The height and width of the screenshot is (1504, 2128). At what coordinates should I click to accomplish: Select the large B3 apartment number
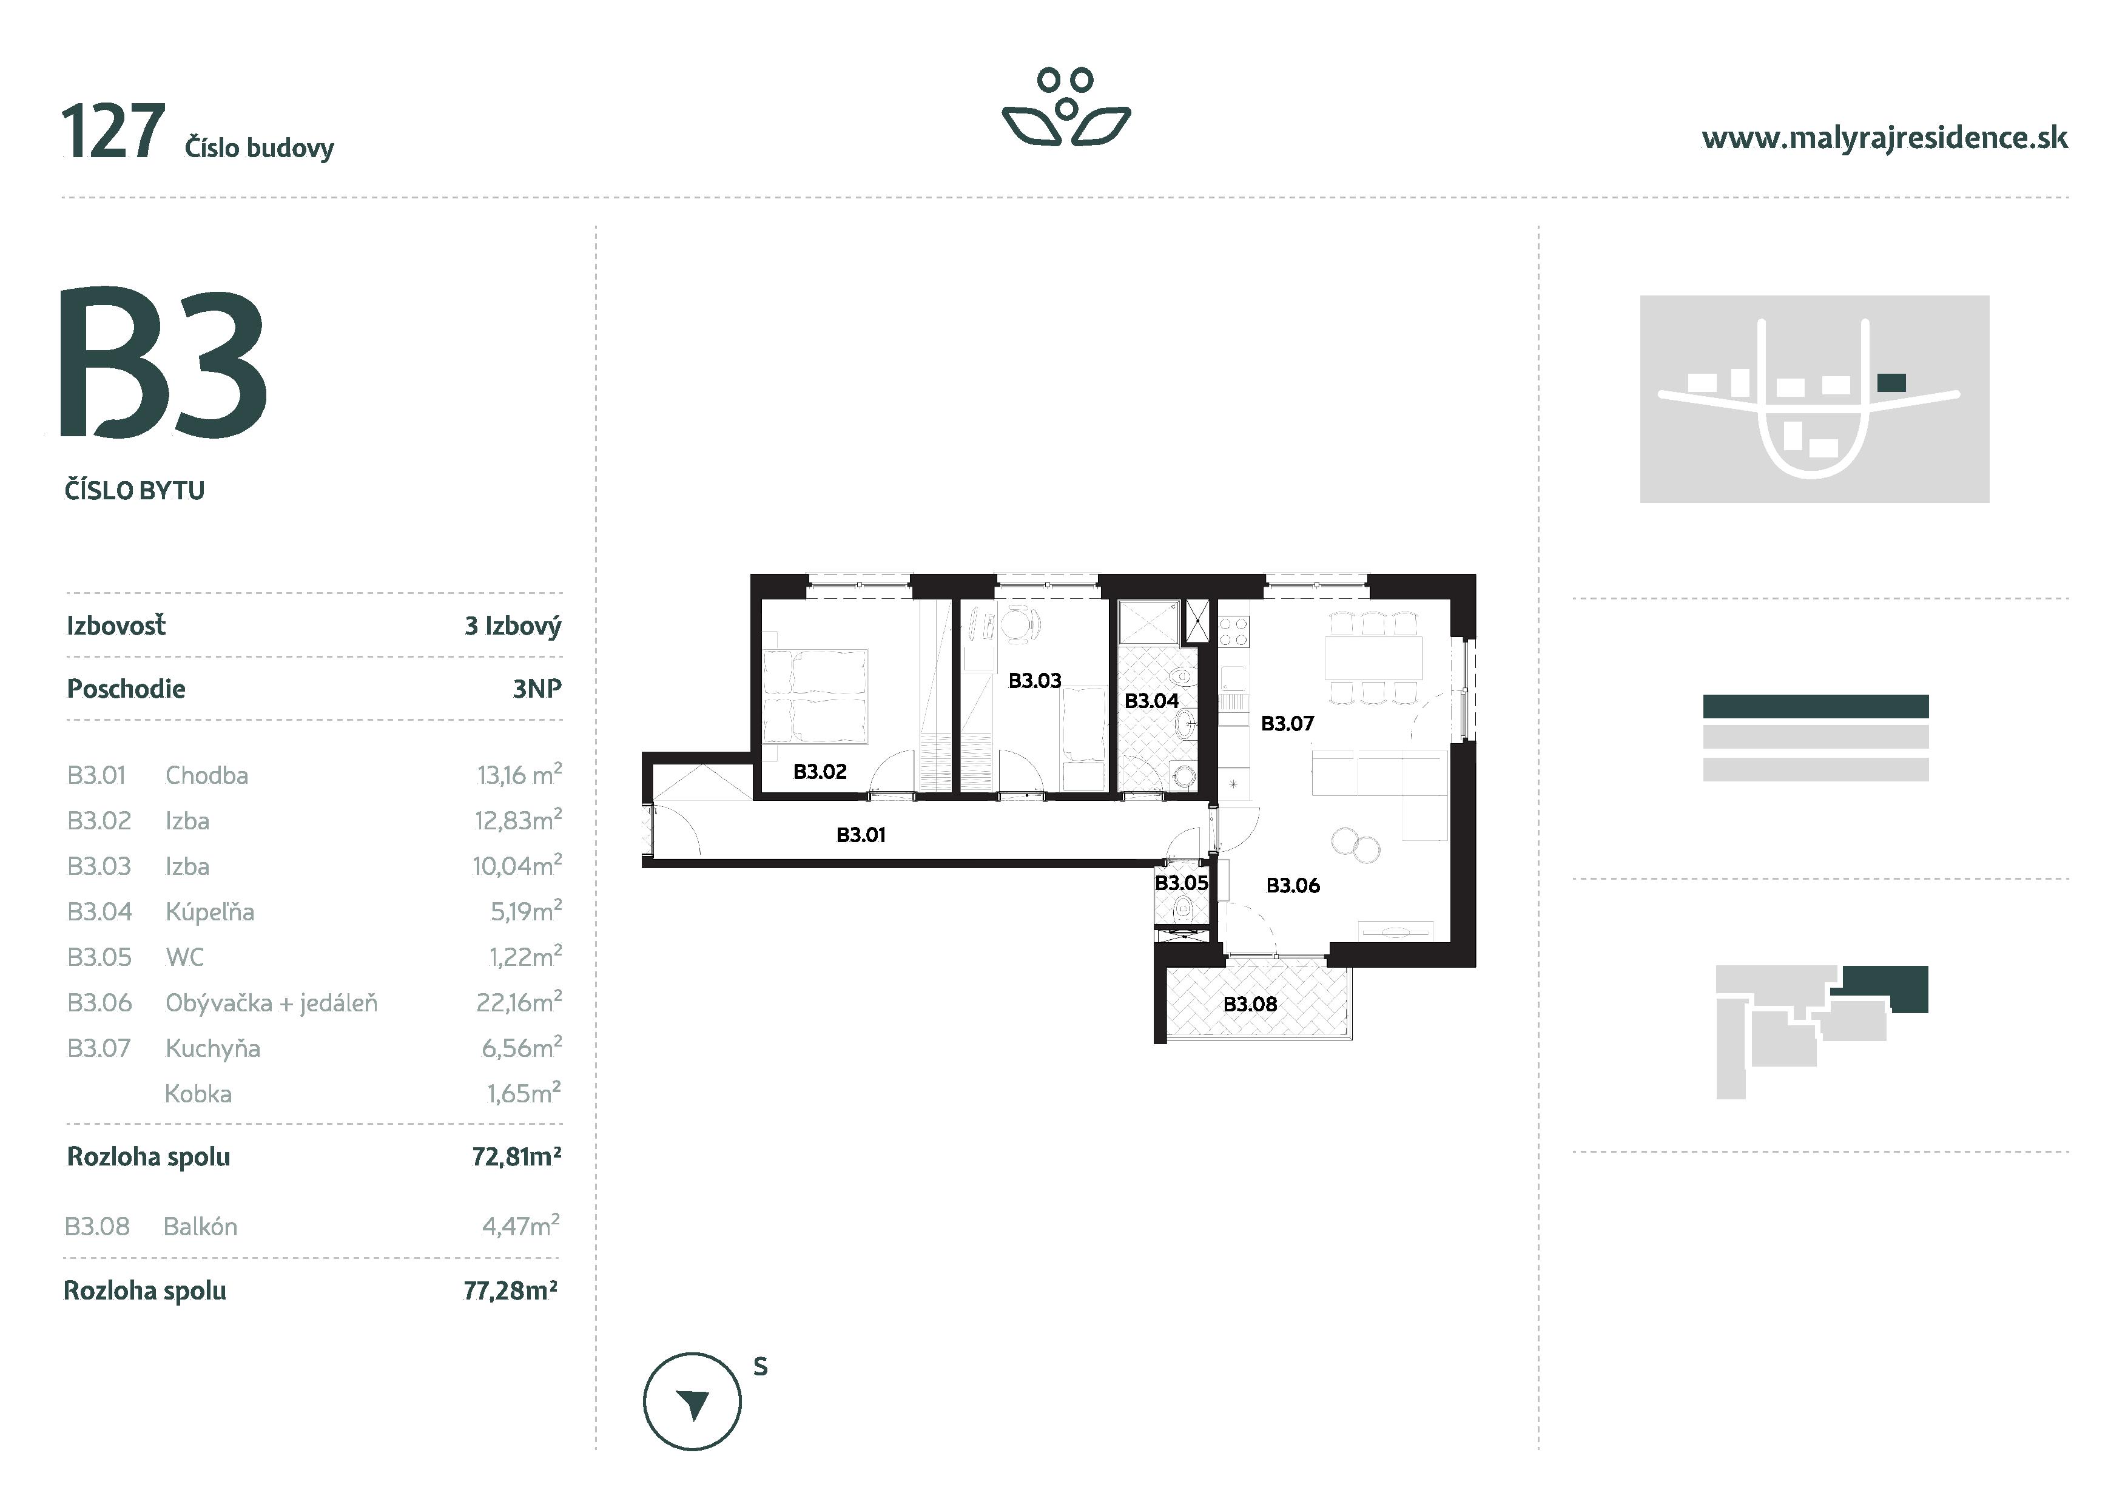pyautogui.click(x=163, y=363)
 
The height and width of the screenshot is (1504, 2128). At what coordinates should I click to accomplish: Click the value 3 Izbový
pyautogui.click(x=513, y=627)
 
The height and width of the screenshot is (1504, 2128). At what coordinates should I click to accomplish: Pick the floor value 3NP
pyautogui.click(x=537, y=689)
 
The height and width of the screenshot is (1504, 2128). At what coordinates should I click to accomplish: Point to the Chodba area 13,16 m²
pyautogui.click(x=519, y=775)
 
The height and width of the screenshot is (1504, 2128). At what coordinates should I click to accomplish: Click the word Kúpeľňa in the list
pyautogui.click(x=209, y=912)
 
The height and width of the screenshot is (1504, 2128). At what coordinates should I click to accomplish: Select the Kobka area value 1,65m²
pyautogui.click(x=524, y=1093)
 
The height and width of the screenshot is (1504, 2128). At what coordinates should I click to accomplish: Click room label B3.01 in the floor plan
pyautogui.click(x=860, y=835)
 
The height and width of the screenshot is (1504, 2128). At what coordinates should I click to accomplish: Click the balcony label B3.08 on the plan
pyautogui.click(x=1250, y=1005)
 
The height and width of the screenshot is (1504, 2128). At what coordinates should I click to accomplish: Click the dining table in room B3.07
pyautogui.click(x=1373, y=658)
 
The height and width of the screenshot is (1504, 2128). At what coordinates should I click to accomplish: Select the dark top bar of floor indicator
pyautogui.click(x=1815, y=706)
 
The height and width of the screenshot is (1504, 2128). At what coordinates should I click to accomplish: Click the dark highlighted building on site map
pyautogui.click(x=1891, y=382)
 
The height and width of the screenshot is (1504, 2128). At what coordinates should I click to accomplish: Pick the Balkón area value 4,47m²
pyautogui.click(x=520, y=1227)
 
